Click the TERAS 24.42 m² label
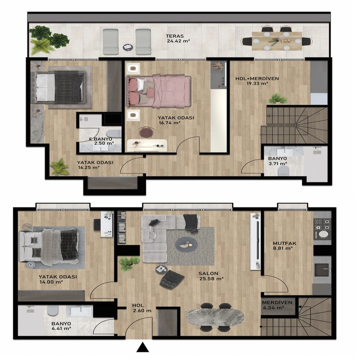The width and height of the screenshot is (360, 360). (x=178, y=39)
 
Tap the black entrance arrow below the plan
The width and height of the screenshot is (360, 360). (x=143, y=347)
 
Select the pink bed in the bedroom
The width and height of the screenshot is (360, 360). (x=158, y=91)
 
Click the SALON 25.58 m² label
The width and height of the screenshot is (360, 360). (x=211, y=276)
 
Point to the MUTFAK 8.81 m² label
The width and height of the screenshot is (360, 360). (x=284, y=246)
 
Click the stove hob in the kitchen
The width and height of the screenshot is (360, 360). (x=322, y=228)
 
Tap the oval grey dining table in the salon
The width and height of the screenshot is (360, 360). (x=215, y=318)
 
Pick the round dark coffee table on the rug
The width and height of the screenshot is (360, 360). (x=186, y=245)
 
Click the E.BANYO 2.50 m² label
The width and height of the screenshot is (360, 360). (x=102, y=141)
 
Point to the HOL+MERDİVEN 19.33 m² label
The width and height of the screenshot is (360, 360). (x=257, y=81)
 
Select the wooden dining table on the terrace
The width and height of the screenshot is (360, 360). (x=277, y=41)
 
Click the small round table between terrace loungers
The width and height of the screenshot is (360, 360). (x=128, y=48)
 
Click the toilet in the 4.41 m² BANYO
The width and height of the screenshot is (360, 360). (x=53, y=310)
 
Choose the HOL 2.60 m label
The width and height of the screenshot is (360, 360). (x=142, y=308)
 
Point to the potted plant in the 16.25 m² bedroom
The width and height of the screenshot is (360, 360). (x=60, y=166)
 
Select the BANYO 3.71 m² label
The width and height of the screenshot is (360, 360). (x=278, y=161)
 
